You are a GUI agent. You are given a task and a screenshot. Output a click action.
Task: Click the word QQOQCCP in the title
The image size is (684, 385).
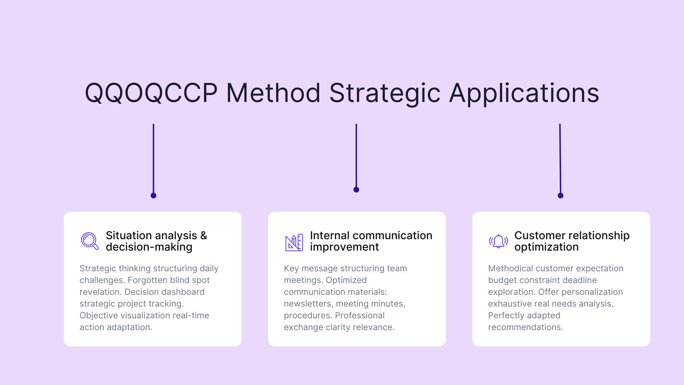pos(151,93)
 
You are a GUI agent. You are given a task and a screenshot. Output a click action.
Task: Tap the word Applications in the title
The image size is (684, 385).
pos(524,93)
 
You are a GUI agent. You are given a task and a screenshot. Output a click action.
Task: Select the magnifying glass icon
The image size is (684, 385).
pos(89,241)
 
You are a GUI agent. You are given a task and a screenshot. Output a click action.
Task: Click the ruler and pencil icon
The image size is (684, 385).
pos(294,242)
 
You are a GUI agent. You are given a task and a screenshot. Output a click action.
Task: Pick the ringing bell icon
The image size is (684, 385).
pos(498,241)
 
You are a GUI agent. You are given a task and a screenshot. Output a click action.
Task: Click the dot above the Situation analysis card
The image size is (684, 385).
pos(154,195)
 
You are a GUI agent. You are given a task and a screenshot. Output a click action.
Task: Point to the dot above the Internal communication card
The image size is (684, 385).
pos(356,190)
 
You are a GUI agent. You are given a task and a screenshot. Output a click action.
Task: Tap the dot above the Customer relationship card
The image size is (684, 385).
pos(560,195)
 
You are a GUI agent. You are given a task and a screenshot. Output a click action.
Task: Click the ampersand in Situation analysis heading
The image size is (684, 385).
pos(203,235)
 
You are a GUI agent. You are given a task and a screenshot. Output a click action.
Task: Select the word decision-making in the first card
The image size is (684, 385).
pos(149,247)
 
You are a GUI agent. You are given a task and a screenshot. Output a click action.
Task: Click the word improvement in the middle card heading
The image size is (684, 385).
pos(344,247)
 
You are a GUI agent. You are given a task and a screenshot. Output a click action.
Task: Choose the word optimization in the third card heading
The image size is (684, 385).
pos(546,247)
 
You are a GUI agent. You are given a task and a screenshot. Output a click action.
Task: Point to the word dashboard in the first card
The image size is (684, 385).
pos(183,292)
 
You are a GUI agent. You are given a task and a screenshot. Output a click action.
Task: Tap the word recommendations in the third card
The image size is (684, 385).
pos(525,327)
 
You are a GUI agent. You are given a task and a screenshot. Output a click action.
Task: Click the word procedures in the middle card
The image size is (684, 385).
pos(308,315)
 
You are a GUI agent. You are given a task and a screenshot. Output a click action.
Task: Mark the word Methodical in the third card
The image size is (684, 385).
pos(511,268)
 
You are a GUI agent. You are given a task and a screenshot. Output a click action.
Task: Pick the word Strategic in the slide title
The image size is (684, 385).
pos(385,93)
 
